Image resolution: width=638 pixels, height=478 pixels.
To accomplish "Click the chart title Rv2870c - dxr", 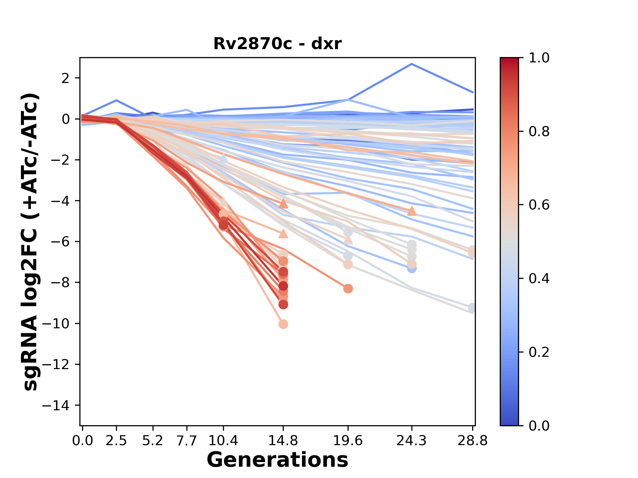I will click(x=277, y=44).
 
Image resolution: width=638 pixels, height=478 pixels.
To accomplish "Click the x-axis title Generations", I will click(x=277, y=460).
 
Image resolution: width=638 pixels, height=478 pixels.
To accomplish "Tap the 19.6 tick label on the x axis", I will click(x=348, y=441).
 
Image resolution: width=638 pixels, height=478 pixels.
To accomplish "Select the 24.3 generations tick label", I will click(x=412, y=441).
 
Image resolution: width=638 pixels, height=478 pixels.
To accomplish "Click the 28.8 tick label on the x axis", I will click(x=473, y=441).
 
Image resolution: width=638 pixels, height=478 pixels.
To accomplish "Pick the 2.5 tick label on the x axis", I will click(x=116, y=441).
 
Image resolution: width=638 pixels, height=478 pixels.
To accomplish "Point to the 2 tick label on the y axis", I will click(x=66, y=78).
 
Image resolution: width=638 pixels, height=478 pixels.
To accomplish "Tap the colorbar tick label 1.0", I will click(x=539, y=58).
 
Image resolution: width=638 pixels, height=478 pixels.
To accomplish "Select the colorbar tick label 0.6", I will click(x=539, y=205).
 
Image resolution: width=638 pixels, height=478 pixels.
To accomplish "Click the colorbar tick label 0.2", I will click(x=539, y=352).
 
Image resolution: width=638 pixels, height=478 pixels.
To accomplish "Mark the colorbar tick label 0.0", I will click(x=539, y=426).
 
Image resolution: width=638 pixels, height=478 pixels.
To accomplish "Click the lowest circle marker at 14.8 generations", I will click(x=283, y=324).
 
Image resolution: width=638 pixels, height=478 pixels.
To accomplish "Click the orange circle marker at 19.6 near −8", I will click(x=348, y=288).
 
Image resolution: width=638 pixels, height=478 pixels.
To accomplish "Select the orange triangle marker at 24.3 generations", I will click(x=412, y=211).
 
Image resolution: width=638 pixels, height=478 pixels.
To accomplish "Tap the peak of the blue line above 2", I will click(x=412, y=64).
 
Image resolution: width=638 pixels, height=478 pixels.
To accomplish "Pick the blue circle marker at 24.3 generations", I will click(x=412, y=269).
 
